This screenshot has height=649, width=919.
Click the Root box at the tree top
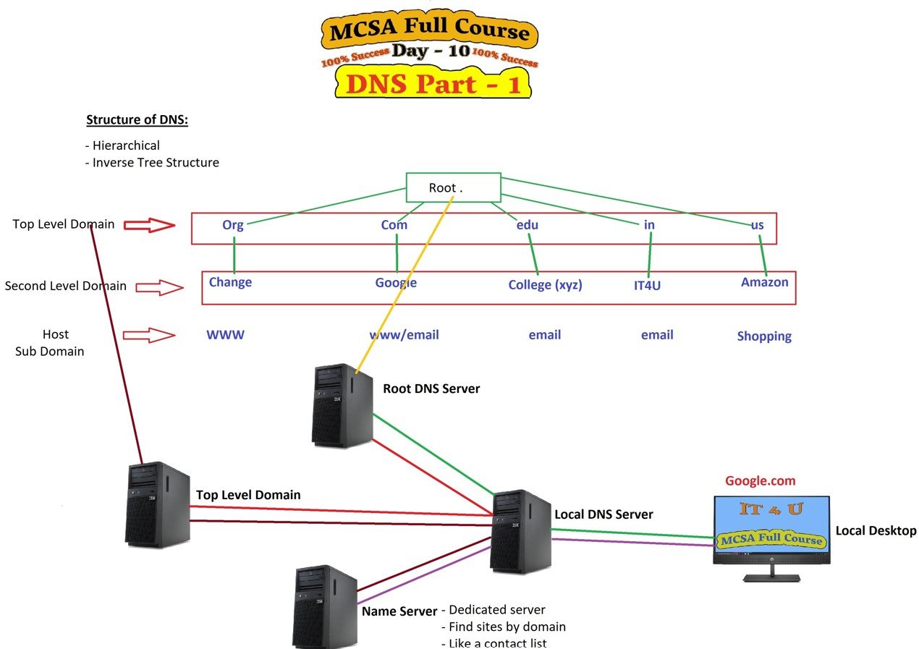point(453,187)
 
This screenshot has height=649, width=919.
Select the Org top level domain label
point(233,225)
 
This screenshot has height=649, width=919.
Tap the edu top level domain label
point(528,225)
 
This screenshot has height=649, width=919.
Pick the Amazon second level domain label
point(764,282)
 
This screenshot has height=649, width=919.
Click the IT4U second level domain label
point(647,285)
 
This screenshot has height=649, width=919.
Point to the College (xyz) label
point(545,285)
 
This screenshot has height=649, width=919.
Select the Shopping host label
point(764,336)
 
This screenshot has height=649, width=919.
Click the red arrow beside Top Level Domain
point(149,226)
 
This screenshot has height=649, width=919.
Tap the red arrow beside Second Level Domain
point(159,288)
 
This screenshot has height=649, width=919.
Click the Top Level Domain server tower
point(157,504)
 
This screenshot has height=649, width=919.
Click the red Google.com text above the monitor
point(760,481)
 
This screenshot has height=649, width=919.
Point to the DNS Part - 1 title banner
point(432,85)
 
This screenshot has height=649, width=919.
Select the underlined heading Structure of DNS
point(137,120)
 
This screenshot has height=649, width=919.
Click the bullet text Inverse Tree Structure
point(155,163)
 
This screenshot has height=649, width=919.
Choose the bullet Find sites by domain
point(507,627)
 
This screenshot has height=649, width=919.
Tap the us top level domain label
point(757,225)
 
